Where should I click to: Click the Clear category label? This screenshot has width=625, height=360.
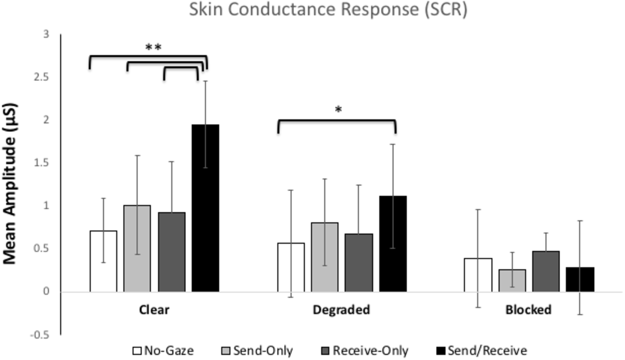click(154, 310)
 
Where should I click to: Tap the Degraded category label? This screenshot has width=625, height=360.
click(341, 310)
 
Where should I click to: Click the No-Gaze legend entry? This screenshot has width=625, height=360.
click(163, 351)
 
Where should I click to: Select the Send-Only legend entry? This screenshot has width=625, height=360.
click(256, 351)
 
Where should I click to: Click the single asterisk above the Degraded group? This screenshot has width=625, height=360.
click(338, 110)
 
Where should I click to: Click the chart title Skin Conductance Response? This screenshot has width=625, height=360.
click(328, 9)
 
